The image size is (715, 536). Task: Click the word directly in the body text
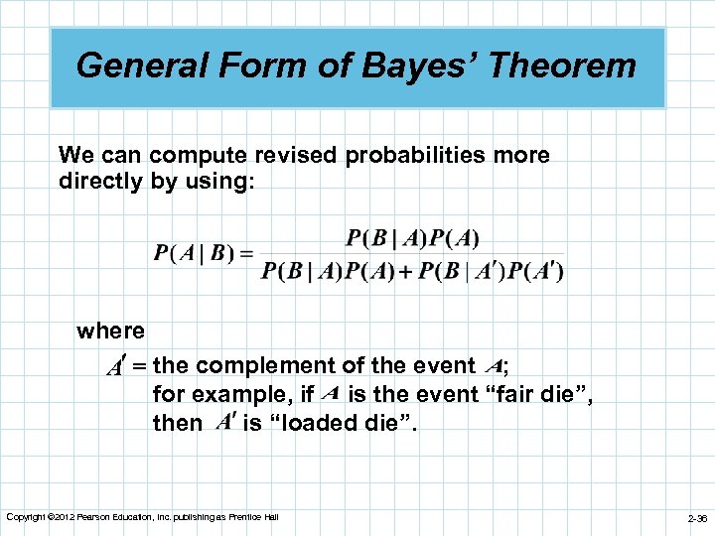[100, 182]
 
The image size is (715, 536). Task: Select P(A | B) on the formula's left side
[191, 253]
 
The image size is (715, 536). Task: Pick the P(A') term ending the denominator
[536, 272]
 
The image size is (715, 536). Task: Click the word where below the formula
[110, 331]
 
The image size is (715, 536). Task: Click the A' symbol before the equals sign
[119, 366]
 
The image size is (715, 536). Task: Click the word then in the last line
[177, 423]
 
